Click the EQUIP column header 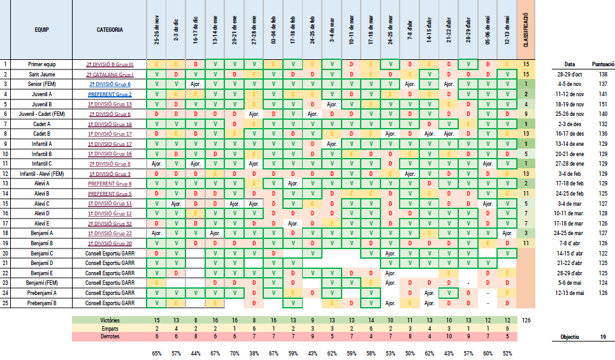(42, 29)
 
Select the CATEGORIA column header (110, 29)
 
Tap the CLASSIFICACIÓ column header (526, 29)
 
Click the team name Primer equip (42, 64)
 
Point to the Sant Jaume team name (42, 74)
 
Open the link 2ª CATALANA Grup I (110, 74)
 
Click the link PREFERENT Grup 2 (110, 94)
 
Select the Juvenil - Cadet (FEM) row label (42, 114)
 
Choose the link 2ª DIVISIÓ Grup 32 (110, 223)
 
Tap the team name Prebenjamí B (42, 303)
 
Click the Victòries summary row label (110, 319)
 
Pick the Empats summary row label (110, 328)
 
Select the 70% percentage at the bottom (235, 352)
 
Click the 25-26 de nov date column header (157, 29)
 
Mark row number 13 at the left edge (5, 184)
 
